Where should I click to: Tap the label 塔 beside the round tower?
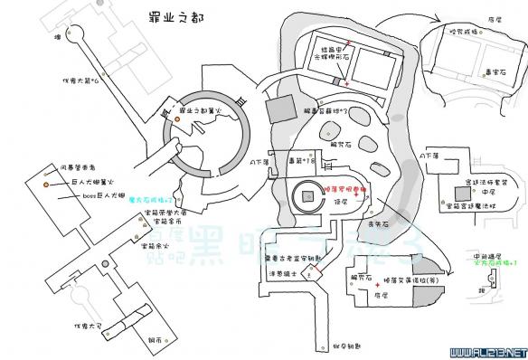(x=58, y=37)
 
